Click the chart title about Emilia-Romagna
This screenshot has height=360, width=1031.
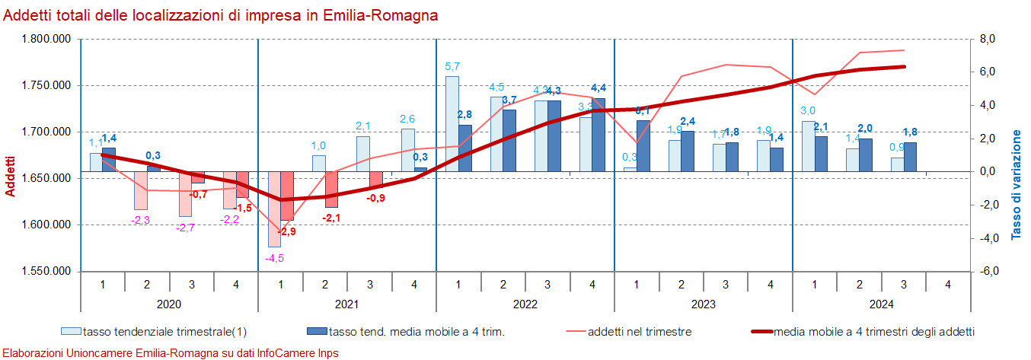coord(221,14)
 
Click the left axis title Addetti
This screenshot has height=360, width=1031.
coord(10,176)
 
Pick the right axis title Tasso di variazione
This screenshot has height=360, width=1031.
coord(1017,185)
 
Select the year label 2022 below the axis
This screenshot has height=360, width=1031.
coord(525,304)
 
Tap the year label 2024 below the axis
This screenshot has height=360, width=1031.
coord(881,304)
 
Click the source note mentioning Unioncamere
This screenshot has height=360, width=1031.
coord(171,353)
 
